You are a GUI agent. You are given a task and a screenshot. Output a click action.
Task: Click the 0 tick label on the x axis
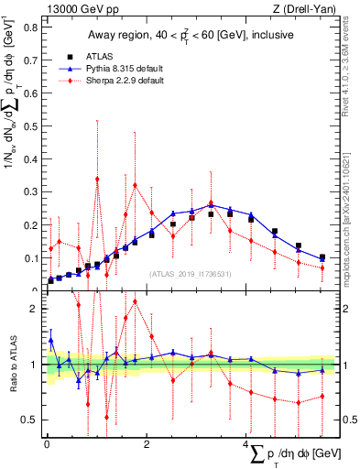pos(46,444)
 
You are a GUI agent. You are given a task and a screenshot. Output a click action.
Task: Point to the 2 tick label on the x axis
pos(147,444)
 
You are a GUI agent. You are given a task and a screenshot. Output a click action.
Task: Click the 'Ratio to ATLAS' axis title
pos(12,366)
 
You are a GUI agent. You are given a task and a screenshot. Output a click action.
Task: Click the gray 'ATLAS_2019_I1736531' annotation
pos(189,274)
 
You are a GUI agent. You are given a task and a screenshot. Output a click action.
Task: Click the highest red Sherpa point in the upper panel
pos(97,179)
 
